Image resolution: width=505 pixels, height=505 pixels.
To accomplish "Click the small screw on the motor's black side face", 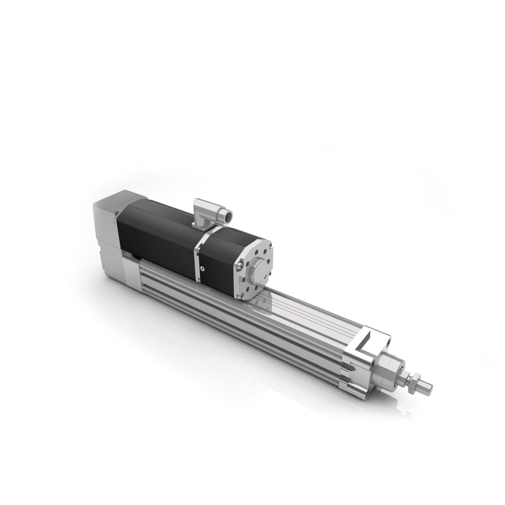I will tap(202, 268).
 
